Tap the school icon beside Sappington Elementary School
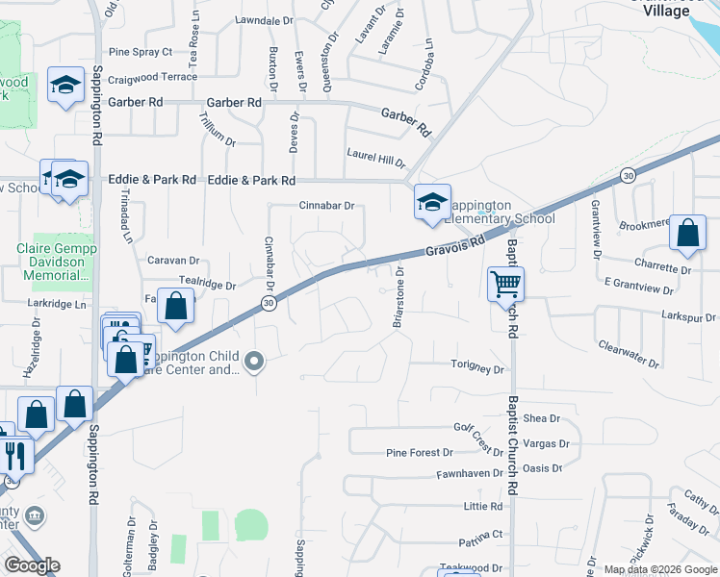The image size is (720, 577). (x=432, y=202)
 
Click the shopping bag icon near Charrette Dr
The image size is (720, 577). (x=687, y=234)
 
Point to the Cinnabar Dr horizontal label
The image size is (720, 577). (x=327, y=205)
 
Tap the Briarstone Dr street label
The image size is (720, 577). (x=397, y=298)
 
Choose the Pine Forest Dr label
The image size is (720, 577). (x=419, y=452)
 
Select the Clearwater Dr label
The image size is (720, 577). (x=628, y=354)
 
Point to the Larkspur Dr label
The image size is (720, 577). (x=689, y=315)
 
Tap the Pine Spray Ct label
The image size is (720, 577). (x=141, y=52)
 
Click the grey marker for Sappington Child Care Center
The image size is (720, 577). (x=255, y=362)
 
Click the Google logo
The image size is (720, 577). (x=32, y=565)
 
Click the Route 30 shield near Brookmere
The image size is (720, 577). (x=628, y=175)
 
